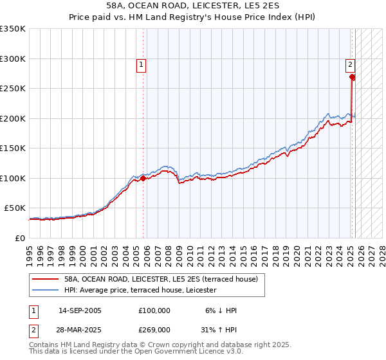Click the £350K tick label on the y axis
click(x=13, y=29)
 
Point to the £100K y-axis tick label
click(x=13, y=178)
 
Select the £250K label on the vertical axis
click(x=13, y=89)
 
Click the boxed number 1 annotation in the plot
click(x=140, y=64)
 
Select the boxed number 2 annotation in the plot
click(x=350, y=64)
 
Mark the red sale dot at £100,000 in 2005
click(x=143, y=178)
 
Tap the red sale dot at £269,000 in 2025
click(x=353, y=77)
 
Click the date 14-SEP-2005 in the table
click(x=80, y=310)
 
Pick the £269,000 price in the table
click(x=154, y=329)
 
